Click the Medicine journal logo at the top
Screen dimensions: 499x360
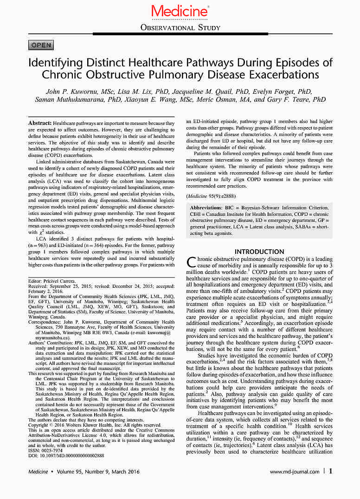[180, 10]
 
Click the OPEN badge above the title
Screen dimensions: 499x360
[41, 45]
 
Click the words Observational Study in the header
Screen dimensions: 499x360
[180, 27]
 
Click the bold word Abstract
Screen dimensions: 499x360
[39, 123]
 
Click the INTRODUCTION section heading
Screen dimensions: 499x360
[259, 252]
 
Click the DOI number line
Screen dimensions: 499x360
[66, 455]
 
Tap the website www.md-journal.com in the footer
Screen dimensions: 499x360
[295, 472]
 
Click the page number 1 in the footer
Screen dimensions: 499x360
[331, 471]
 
